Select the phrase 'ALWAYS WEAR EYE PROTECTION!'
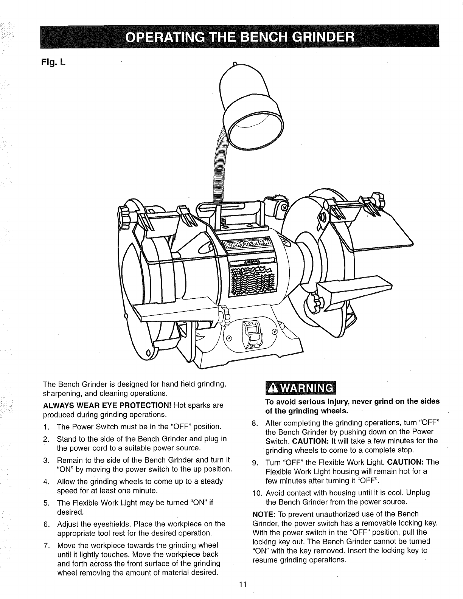point(108,405)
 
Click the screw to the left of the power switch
point(228,337)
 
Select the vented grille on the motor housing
point(251,280)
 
